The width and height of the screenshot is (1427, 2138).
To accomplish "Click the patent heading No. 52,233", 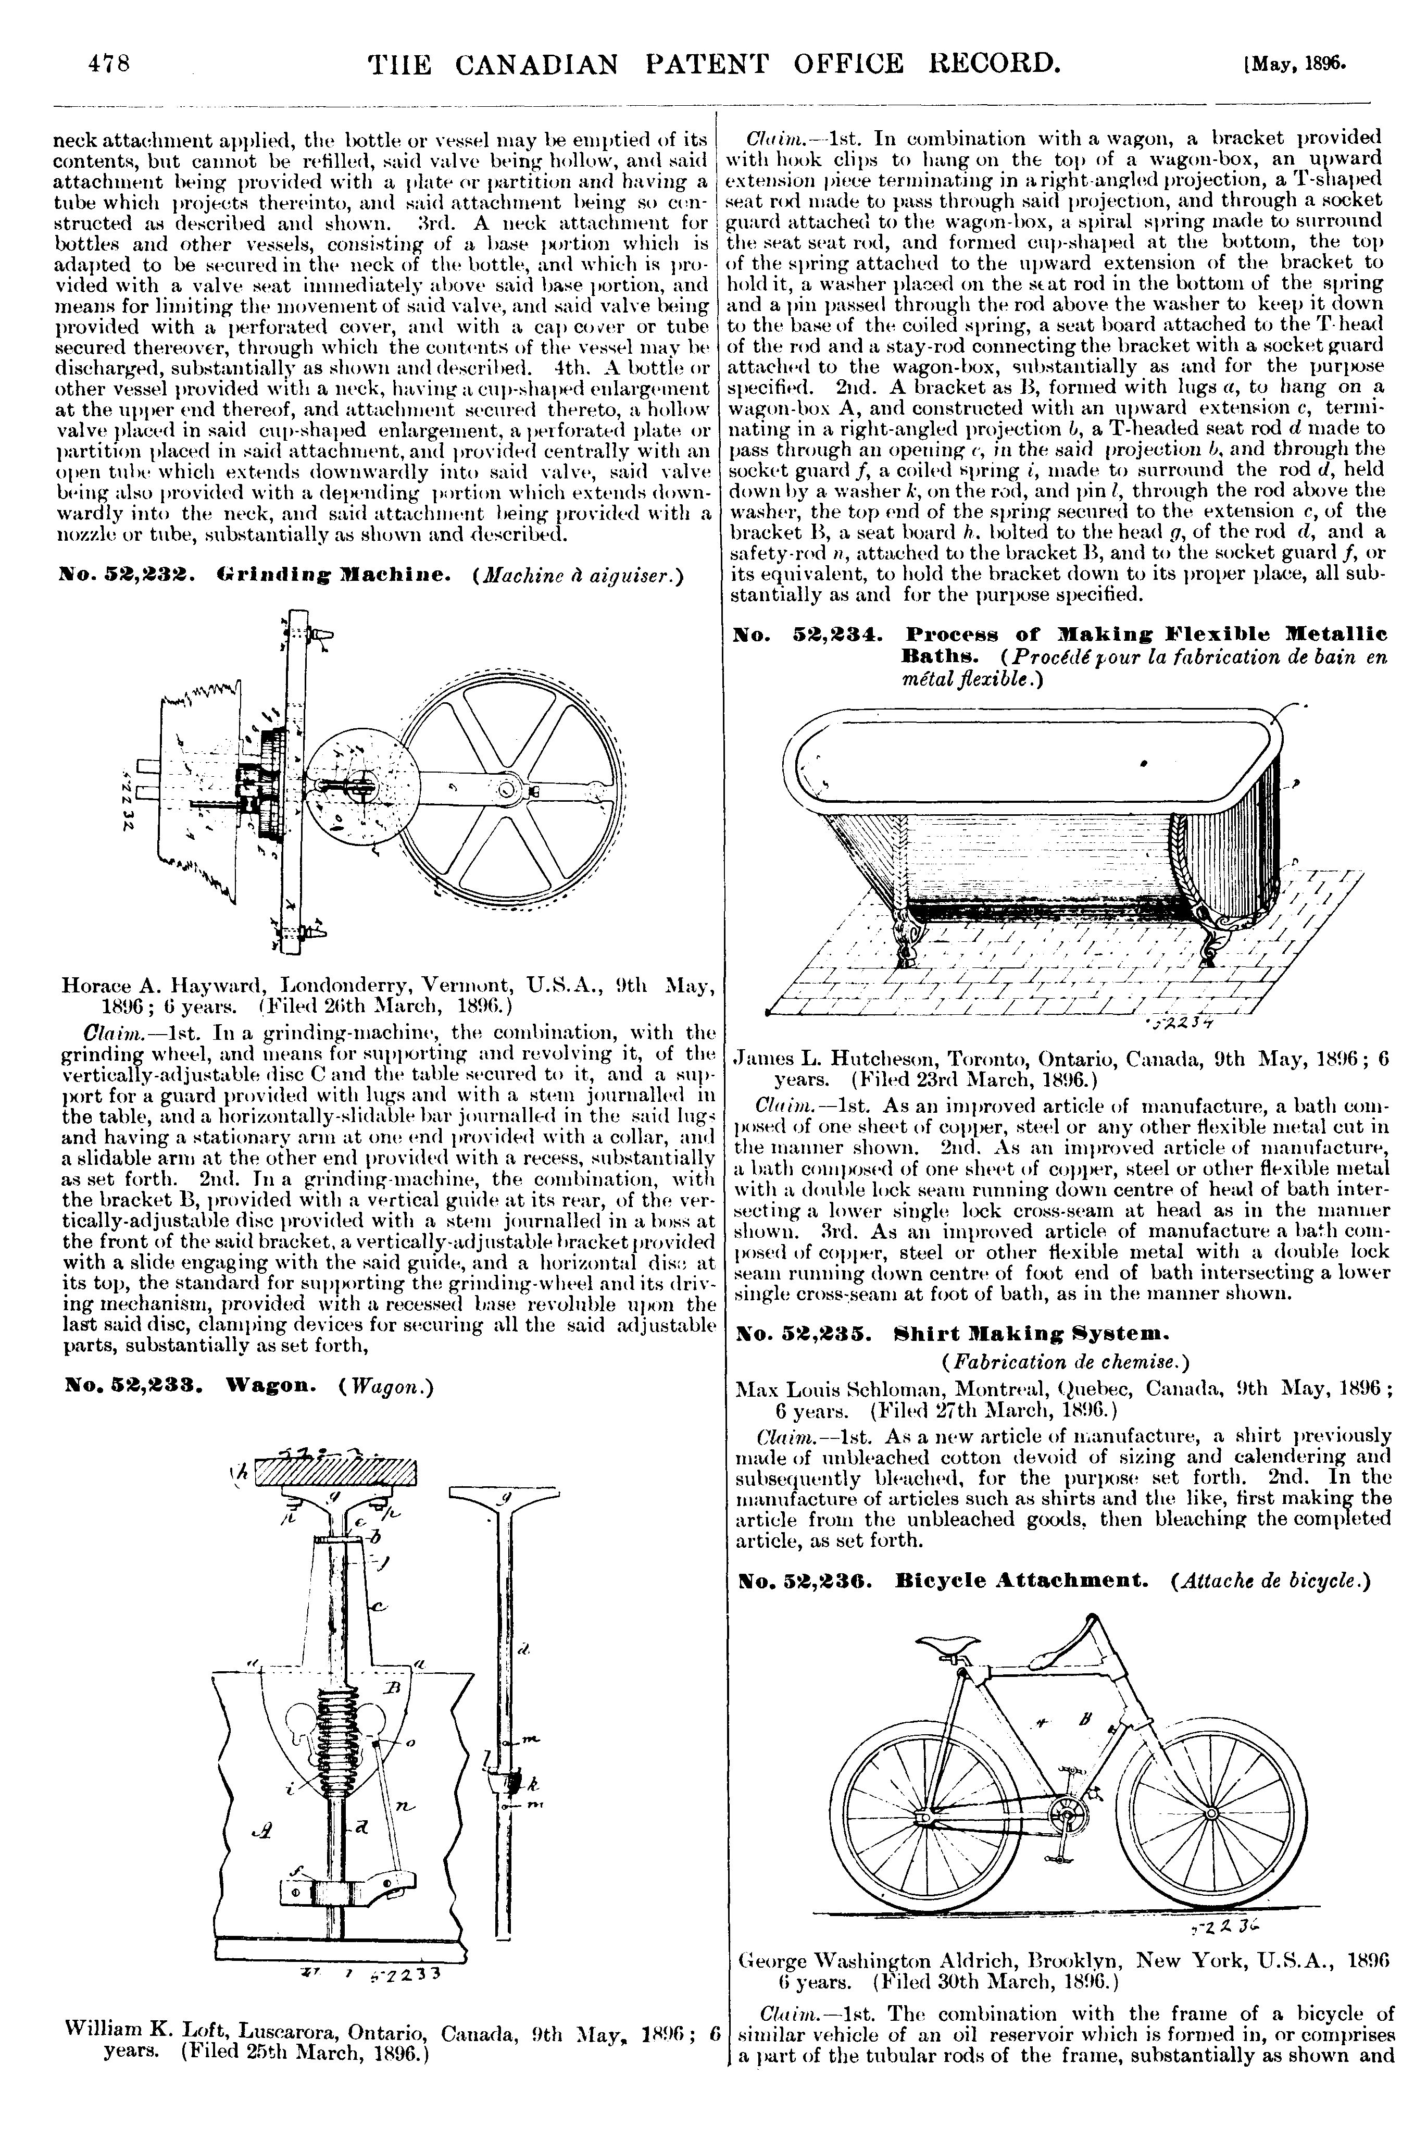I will [x=135, y=1387].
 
